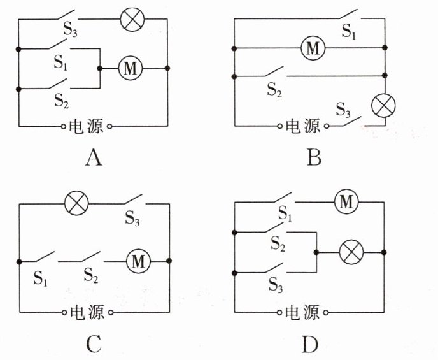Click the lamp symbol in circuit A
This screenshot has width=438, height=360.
coord(132,19)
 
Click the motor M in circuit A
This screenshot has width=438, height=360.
coord(131,68)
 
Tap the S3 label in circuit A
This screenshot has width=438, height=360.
coord(70,29)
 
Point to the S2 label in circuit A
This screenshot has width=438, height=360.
coord(62,101)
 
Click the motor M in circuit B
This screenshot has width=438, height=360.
coord(313,48)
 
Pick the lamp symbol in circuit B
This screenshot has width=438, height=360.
coord(383,105)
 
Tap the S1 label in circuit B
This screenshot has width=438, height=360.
coord(349,31)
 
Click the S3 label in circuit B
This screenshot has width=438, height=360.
coord(343,110)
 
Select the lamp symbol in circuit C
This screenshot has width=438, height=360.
coord(76,203)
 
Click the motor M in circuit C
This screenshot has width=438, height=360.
coord(138,261)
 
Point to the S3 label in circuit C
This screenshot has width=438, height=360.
coord(132,218)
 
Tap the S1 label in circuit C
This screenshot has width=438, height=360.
coord(41,278)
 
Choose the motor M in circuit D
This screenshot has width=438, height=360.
coord(347,201)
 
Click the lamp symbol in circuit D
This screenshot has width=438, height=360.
coord(351,252)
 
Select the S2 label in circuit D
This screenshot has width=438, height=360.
coord(278,243)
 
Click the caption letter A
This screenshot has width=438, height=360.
coord(94,157)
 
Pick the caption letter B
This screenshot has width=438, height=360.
coord(314,157)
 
